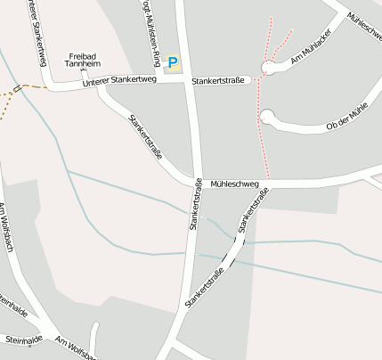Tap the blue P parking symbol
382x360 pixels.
[173, 64]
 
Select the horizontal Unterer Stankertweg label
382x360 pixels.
[119, 82]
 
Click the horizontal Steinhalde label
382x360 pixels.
[24, 340]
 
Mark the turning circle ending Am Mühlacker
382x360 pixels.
[269, 68]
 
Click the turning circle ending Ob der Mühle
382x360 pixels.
[267, 117]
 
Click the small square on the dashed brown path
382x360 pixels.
[17, 88]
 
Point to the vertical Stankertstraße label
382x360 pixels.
[193, 206]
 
